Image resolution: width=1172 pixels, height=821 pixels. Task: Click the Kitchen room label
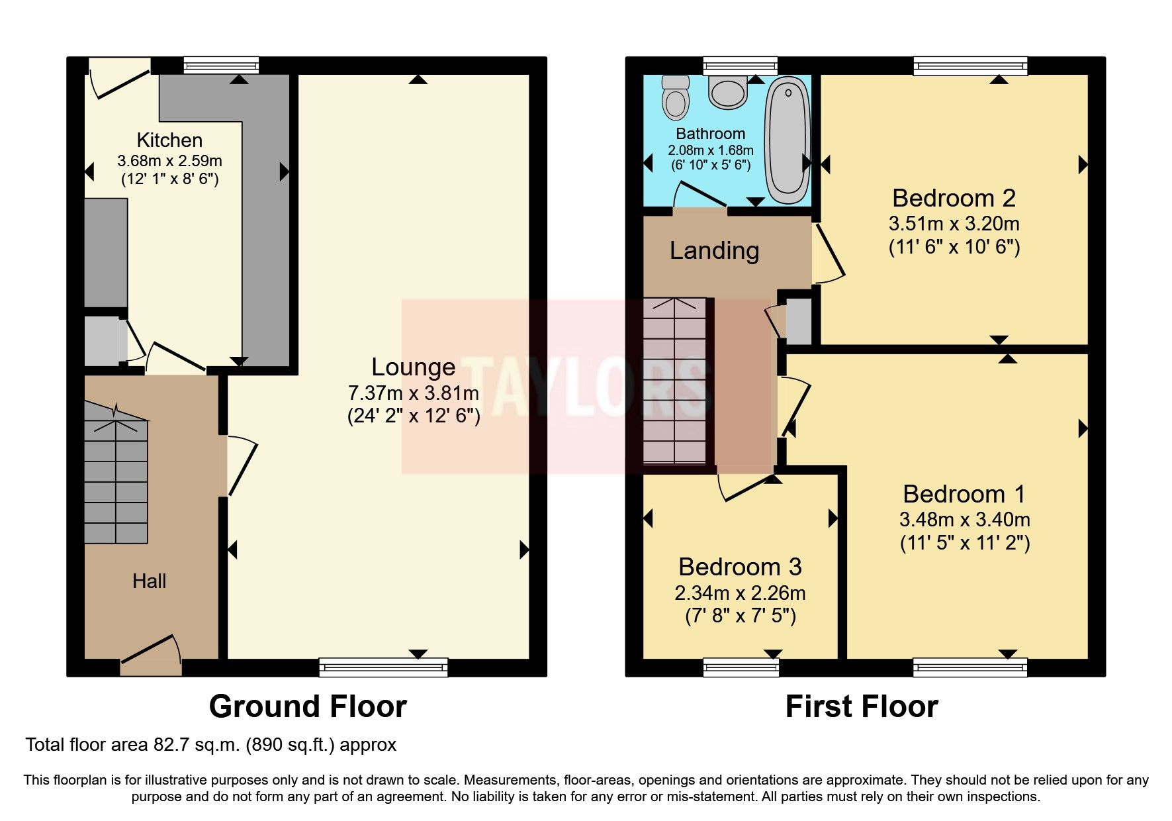coord(169,140)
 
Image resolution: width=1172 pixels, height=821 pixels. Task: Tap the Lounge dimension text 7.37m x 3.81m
coord(414,393)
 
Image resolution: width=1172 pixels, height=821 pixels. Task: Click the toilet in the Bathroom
coord(676,95)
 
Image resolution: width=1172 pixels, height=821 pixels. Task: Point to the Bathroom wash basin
coord(728,91)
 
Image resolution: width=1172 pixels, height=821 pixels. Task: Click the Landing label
coord(714,251)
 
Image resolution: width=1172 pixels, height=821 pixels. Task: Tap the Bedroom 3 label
coord(740,567)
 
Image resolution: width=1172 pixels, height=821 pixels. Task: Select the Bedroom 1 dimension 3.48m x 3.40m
coord(964,519)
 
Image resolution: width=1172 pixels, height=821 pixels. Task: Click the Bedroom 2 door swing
coord(830,254)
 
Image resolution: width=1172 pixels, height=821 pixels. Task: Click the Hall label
coord(149,581)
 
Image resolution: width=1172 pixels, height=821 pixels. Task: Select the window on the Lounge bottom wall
coord(383,667)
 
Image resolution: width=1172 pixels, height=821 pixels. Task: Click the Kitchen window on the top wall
coord(221,65)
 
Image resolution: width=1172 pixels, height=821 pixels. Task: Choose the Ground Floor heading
coord(308,706)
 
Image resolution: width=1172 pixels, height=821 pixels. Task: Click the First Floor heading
coord(861,706)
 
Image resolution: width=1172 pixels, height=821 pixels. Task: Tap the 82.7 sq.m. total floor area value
coord(196,745)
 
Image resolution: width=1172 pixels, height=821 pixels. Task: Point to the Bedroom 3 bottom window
coord(741,667)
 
